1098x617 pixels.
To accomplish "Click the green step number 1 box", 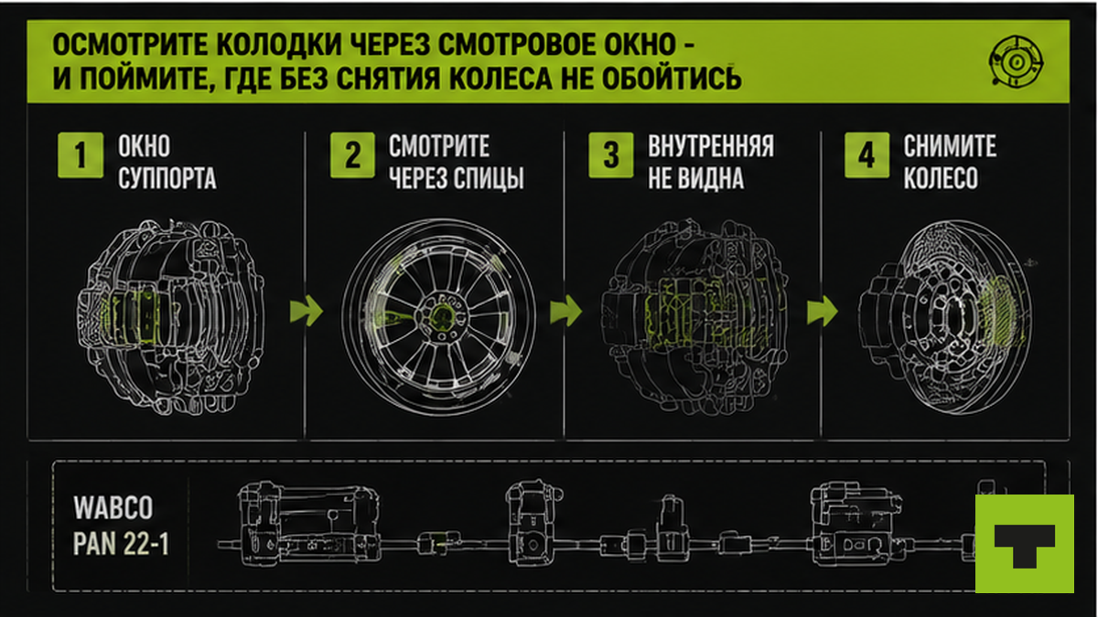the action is click(81, 154).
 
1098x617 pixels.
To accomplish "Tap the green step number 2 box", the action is click(352, 154).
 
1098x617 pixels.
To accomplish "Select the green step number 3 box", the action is click(611, 154).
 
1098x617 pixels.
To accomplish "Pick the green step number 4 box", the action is click(867, 154).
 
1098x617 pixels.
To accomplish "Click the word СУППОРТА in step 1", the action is click(167, 177).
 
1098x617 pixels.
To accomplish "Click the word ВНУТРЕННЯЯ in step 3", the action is click(711, 146).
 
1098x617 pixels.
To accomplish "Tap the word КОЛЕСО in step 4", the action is click(941, 177).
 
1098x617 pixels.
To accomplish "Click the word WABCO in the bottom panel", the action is click(113, 508).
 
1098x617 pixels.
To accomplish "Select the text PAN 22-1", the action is click(121, 544).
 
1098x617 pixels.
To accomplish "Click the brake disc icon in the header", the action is click(1016, 62).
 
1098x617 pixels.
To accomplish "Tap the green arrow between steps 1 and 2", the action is click(307, 311).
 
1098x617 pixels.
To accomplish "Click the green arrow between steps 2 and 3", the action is click(565, 311).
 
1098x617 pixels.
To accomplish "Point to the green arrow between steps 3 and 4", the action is click(822, 311).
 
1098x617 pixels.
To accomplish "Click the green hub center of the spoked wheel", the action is click(440, 316).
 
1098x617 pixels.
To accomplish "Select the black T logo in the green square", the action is click(1025, 545).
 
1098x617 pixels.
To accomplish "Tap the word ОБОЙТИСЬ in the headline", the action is click(672, 79).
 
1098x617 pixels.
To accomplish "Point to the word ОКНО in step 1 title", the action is click(145, 146).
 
